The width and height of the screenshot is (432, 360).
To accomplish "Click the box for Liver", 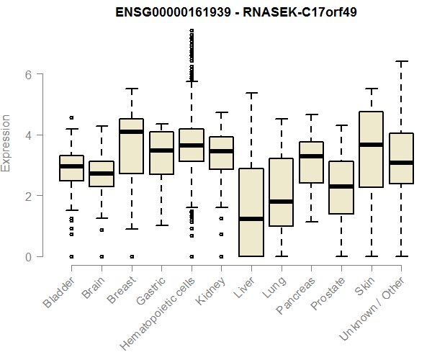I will point(251,212).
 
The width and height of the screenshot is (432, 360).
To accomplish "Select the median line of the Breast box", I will point(131,132).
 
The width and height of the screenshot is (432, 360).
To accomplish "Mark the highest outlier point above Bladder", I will point(71,117).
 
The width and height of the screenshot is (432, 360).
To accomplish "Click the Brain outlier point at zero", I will point(102,256).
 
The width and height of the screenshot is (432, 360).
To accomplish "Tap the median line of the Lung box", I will point(280,202).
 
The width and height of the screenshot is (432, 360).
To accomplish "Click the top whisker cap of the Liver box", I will point(251,93).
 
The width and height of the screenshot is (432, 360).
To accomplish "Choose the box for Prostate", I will point(340,187).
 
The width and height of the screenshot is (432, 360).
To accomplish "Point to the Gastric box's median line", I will point(161,150).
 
